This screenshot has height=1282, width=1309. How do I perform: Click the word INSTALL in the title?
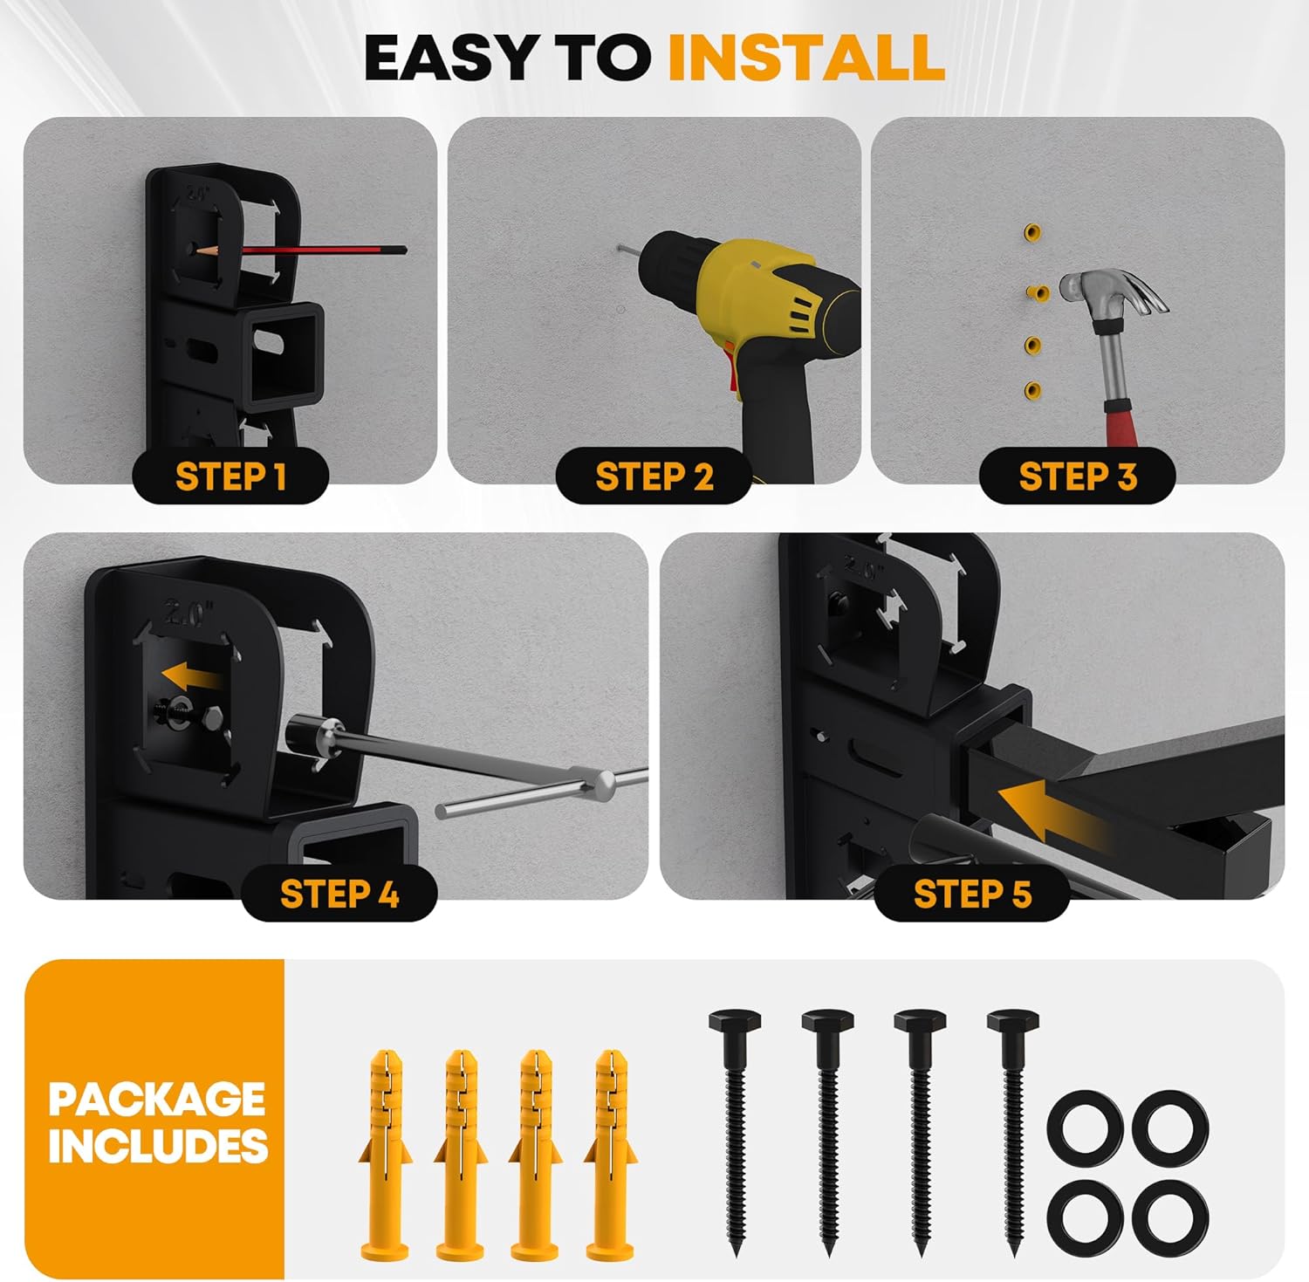805,58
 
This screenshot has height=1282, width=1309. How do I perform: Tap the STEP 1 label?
230,476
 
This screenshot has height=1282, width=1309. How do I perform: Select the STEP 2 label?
654,476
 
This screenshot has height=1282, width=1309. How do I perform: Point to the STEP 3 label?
1078,476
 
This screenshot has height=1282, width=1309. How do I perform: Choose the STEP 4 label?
339,894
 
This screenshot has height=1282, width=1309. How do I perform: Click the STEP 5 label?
972,894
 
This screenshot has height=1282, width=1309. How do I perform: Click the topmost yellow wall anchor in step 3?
1033,232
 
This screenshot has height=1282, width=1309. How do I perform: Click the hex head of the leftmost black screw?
735,1021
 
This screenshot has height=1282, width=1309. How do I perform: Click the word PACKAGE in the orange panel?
157,1099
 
